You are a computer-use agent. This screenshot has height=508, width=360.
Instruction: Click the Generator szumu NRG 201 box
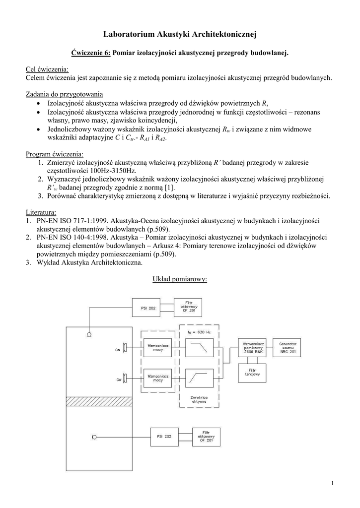pos(288,349)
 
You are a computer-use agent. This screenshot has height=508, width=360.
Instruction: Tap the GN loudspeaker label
pos(118,350)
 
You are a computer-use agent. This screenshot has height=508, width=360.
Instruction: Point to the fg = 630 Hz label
pos(199,331)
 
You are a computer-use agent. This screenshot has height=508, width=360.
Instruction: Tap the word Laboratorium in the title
pos(129,34)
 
